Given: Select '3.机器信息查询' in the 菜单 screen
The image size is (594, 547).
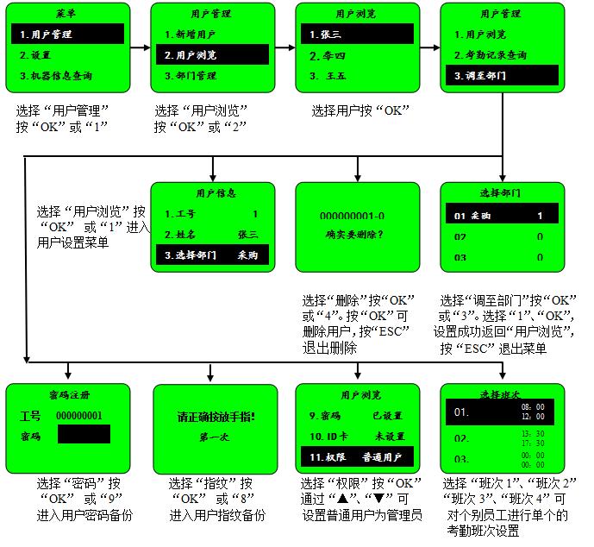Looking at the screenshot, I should point(67,76).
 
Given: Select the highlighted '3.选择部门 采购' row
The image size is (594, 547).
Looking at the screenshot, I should point(212,255).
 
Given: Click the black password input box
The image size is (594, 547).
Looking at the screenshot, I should point(84,435).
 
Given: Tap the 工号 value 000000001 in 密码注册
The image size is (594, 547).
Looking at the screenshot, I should point(84,415).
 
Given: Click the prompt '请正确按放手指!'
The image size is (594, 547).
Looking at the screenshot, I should point(212,418).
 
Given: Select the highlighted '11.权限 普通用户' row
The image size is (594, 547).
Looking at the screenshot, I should point(355,456).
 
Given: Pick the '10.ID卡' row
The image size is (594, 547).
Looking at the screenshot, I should point(355,436).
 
